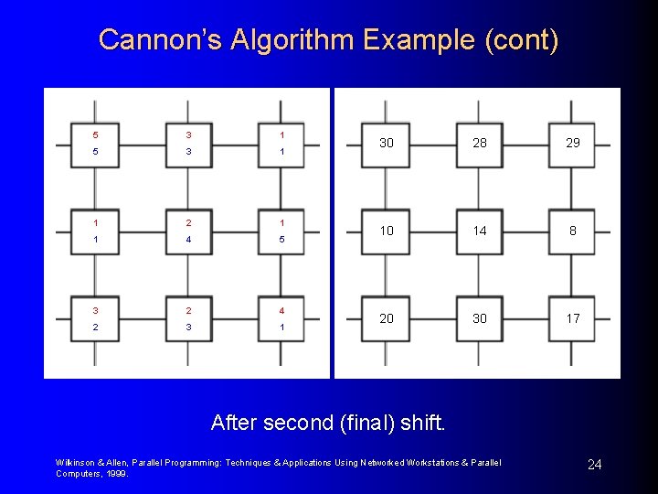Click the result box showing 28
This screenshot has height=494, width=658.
click(x=480, y=143)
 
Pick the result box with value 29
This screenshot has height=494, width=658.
click(x=572, y=143)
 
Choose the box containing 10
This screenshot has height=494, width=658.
click(x=387, y=231)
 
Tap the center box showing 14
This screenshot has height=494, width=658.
click(x=480, y=231)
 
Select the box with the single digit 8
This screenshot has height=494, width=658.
click(x=572, y=231)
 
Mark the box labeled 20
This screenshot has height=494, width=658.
click(x=387, y=318)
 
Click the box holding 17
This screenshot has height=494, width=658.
click(x=572, y=318)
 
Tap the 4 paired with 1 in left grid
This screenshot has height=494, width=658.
click(x=282, y=310)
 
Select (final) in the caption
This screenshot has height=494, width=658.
click(x=372, y=423)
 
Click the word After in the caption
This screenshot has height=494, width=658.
click(x=234, y=423)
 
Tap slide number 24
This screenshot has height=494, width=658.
click(x=594, y=466)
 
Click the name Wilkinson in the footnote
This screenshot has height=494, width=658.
click(x=74, y=463)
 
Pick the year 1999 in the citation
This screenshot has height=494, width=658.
click(x=116, y=474)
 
